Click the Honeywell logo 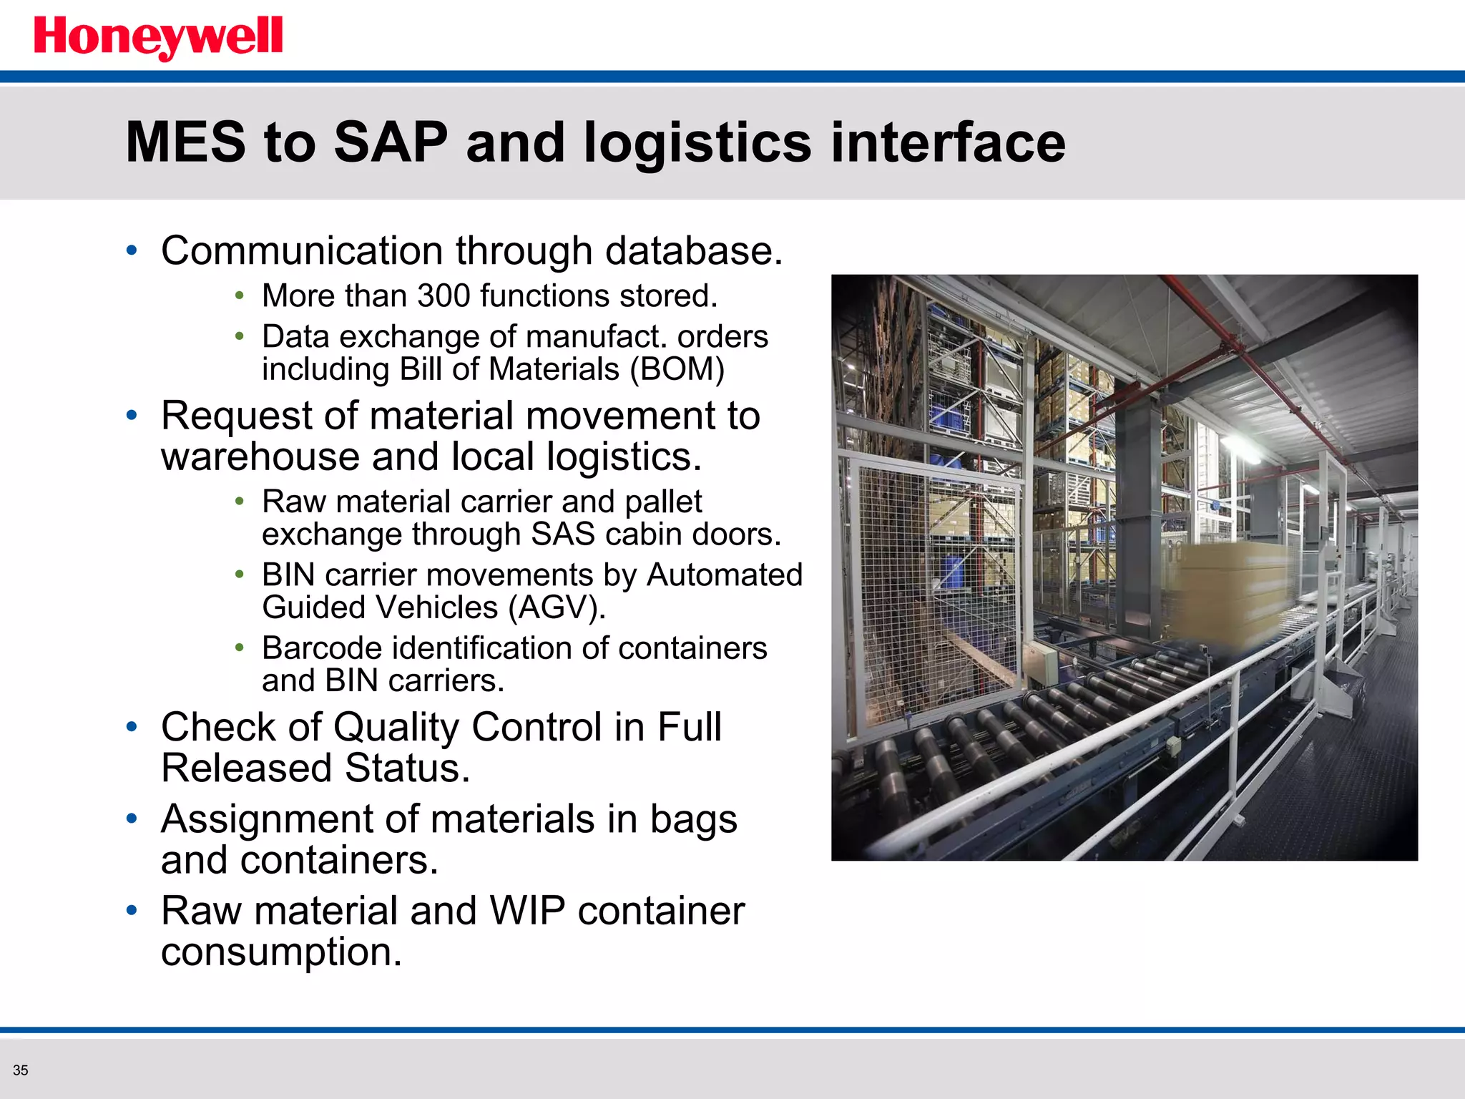[158, 37]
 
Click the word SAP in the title [391, 142]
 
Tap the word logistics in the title [697, 142]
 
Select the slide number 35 [20, 1070]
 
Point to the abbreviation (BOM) [677, 370]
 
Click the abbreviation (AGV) [557, 608]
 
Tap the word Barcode [322, 648]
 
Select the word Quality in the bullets [396, 728]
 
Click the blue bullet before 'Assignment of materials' [132, 819]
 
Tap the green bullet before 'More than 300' [240, 295]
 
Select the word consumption [281, 952]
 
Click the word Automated [724, 575]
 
